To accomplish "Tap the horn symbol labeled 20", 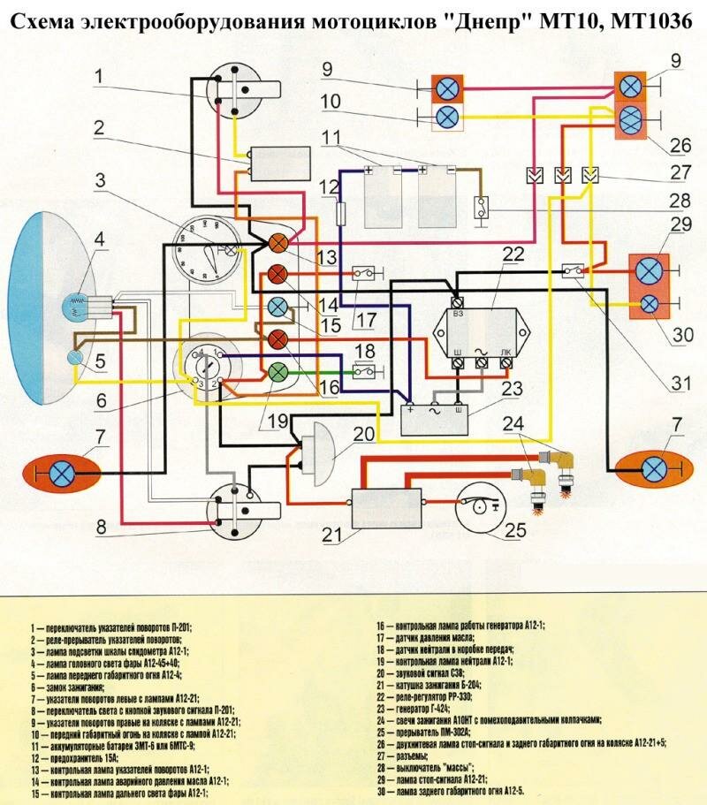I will [x=317, y=445].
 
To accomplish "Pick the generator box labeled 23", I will [x=433, y=415].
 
